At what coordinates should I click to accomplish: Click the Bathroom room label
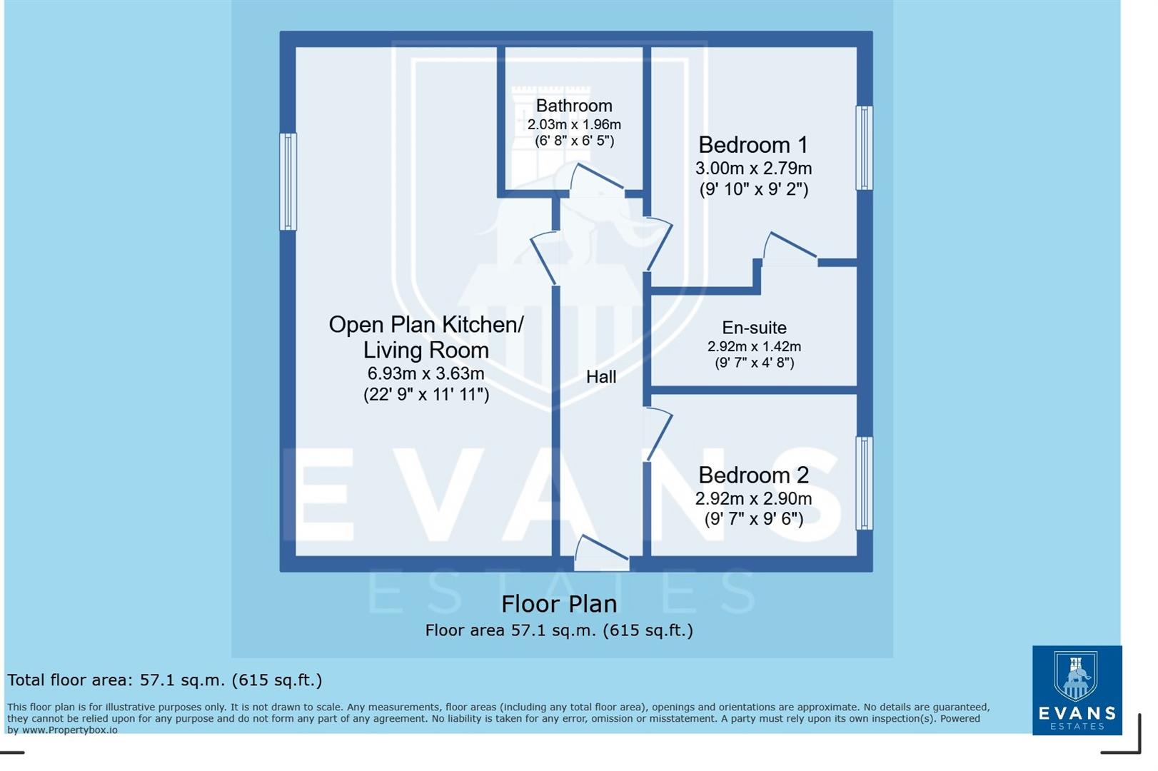574,106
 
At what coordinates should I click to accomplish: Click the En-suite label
754,328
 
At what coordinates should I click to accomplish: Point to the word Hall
600,377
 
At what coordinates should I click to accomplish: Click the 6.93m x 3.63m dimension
426,373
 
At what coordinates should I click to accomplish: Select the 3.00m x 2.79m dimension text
753,168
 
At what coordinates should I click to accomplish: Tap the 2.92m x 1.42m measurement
754,346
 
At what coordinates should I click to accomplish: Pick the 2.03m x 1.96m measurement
574,124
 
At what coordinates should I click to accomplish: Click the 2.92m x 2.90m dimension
753,498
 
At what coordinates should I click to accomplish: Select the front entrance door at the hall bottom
601,553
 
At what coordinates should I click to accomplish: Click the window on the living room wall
288,182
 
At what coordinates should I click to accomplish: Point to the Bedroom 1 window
864,148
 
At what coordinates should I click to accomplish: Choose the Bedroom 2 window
864,483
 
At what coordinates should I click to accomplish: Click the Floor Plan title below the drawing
558,604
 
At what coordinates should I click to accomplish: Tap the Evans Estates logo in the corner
1076,690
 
